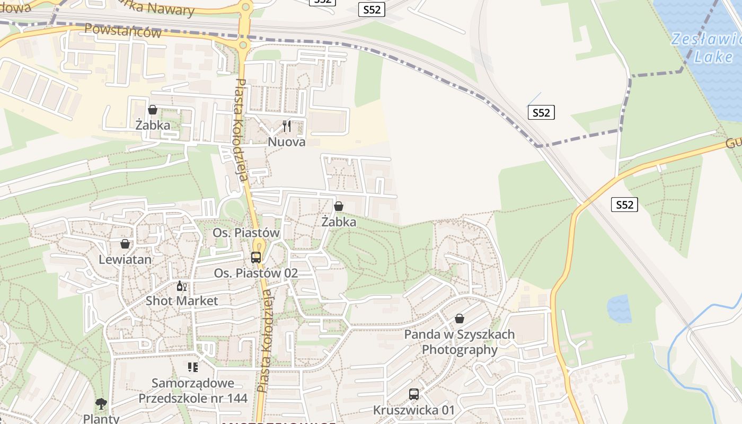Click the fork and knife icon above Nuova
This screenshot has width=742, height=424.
point(287,126)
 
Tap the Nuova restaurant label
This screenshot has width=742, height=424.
point(287,142)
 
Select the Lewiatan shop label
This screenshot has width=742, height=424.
point(125,260)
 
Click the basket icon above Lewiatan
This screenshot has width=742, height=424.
point(125,244)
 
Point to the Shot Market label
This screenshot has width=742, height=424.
point(182,301)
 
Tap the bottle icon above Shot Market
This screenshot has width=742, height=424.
point(181,286)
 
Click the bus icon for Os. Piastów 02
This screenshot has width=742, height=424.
point(256,258)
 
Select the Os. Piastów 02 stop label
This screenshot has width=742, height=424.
point(256,273)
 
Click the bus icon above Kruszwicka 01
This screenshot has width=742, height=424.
point(414,394)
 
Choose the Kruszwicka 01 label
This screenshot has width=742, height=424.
point(414,410)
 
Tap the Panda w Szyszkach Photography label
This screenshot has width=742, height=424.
point(460,342)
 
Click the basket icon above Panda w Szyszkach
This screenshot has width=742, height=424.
point(460,319)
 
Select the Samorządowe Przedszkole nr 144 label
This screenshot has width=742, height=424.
point(193,391)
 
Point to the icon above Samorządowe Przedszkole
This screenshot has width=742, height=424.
point(193,367)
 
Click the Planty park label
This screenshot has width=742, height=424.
point(101,418)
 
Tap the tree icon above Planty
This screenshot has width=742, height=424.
point(101,404)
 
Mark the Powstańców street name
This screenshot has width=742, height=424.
point(123,31)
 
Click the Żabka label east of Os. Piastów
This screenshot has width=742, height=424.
point(339,222)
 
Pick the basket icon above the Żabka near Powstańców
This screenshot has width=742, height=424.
point(153,110)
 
